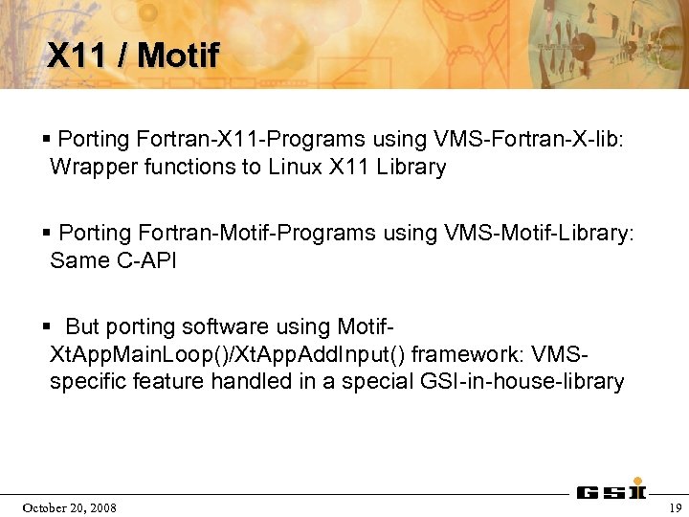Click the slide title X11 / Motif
pyautogui.click(x=133, y=56)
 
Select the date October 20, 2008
pyautogui.click(x=69, y=507)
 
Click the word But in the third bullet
pyautogui.click(x=82, y=326)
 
